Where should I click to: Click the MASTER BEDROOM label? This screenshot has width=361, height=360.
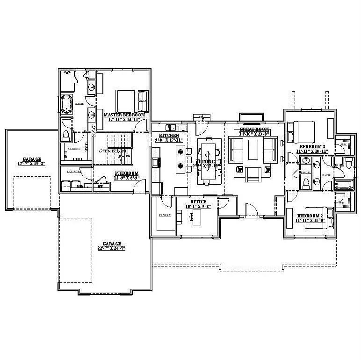pos(124,115)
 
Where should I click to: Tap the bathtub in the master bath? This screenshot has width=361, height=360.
pos(66,104)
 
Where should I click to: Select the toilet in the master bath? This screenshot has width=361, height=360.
pos(66,135)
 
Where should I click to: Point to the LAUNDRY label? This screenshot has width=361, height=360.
pos(74,172)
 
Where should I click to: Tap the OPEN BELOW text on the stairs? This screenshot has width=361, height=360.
pos(110,151)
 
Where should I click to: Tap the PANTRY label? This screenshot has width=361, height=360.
pos(165,215)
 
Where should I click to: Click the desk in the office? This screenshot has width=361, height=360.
pos(195,216)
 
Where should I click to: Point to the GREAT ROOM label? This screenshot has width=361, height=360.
pos(254,129)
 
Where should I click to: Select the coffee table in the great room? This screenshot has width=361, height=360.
pos(254,150)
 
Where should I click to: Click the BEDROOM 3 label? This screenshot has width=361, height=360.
pos(312,146)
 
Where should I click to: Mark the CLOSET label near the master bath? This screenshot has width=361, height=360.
pos(74,149)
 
